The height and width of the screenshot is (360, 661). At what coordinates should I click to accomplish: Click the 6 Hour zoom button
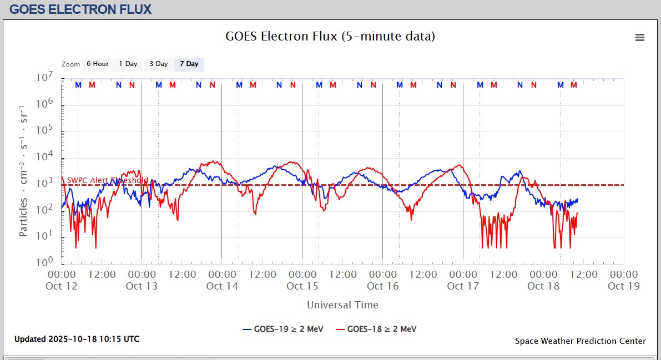pos(98,64)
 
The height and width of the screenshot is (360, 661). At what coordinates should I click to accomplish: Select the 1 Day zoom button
pos(128,64)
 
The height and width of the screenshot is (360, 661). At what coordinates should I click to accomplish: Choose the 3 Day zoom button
pos(158,64)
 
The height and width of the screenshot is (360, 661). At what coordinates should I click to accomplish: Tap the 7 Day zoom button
pos(189,64)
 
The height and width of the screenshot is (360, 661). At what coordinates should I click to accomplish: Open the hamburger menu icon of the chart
pos(640,37)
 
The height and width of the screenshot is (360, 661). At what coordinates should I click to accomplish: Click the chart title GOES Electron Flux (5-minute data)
pos(330,37)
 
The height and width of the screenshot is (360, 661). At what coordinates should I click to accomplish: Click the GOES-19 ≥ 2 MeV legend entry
pos(283,329)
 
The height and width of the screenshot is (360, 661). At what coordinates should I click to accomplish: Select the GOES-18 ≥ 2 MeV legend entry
pos(376,329)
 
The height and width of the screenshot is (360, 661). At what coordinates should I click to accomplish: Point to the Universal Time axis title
pos(342,305)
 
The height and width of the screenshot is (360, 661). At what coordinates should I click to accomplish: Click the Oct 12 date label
pos(62,286)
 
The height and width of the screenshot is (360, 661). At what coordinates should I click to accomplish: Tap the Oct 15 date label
pos(302,286)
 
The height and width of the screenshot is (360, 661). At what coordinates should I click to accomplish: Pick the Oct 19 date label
pos(624,286)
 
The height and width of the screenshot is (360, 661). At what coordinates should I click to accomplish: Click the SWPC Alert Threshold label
pos(108,180)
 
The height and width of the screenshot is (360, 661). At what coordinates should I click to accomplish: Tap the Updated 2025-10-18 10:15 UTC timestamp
pos(77,339)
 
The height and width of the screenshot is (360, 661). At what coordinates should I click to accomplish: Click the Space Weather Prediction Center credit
pos(580,341)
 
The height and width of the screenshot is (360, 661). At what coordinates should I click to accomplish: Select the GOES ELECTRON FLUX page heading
pos(80,9)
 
